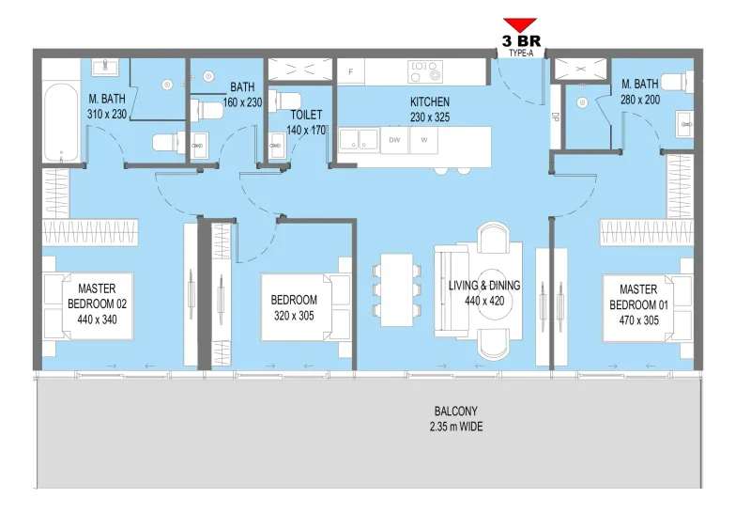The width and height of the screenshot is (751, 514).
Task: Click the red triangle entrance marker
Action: click(519, 24)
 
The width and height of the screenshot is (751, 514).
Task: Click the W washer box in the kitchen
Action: click(424, 140)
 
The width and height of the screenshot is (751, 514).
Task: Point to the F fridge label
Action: click(350, 71)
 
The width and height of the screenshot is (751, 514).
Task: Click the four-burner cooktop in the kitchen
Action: click(424, 70)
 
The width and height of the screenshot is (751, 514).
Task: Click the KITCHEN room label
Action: click(430, 101)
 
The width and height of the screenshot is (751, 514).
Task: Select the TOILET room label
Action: click(307, 115)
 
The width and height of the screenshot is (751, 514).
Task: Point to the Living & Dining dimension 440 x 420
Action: click(485, 301)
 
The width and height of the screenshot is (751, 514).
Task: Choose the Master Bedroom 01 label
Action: click(638, 298)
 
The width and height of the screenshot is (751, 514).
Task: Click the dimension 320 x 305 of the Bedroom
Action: click(294, 315)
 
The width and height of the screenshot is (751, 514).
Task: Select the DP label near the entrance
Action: click(555, 117)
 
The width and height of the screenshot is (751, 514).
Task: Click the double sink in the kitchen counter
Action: click(358, 140)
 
